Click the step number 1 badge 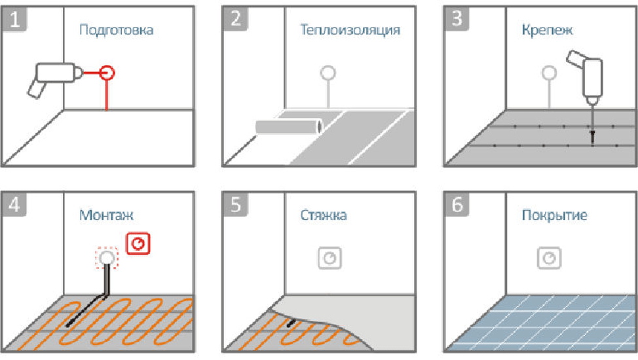point(16,20)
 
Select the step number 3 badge point(457,20)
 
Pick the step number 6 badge point(457,205)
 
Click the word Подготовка point(116,30)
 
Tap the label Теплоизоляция point(350,30)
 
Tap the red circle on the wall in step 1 point(107,72)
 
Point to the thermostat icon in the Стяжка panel point(330,257)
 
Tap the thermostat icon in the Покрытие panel point(550,257)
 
